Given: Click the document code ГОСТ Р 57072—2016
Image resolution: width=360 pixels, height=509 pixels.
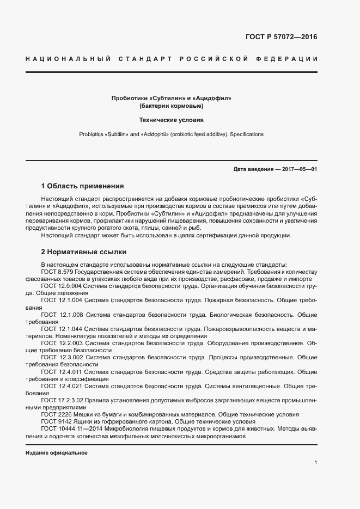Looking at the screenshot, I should (281, 38).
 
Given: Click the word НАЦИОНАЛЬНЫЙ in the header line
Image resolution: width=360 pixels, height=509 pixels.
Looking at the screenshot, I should (68, 58).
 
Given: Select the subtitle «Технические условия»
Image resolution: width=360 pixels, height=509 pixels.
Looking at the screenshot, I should (172, 119).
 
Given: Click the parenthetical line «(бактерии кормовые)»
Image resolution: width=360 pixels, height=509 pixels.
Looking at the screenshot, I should (172, 106).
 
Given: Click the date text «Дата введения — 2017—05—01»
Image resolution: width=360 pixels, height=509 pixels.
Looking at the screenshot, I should (275, 169).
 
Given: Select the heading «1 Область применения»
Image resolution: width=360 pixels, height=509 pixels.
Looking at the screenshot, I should (82, 186).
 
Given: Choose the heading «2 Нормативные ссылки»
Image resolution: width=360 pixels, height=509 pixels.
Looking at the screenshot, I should (84, 252).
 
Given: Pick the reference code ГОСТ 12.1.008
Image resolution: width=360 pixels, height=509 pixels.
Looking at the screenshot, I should (62, 315).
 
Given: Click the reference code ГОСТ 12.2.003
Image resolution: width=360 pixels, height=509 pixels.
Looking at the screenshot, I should (62, 344).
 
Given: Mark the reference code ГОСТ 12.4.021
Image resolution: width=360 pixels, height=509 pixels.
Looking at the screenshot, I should (62, 386).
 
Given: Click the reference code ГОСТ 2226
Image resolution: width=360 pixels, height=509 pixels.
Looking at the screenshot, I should (56, 414).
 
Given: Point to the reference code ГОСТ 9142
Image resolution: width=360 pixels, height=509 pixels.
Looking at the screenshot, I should (56, 421).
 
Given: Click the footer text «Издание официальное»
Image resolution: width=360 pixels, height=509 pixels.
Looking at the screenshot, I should (57, 453).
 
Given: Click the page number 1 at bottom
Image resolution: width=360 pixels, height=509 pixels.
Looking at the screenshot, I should (315, 462).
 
